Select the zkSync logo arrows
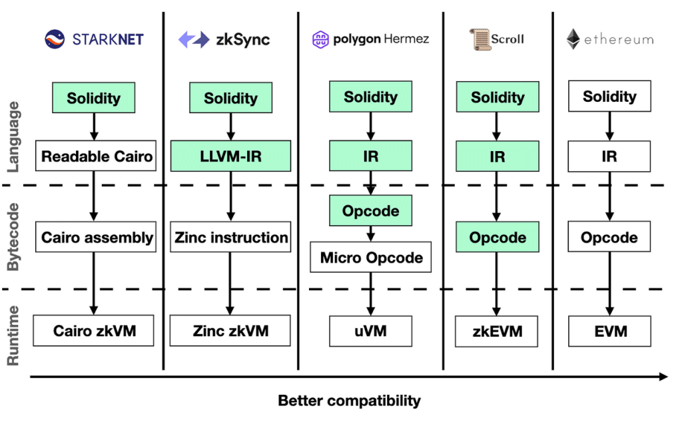pos(194,39)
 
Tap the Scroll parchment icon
pos(478,39)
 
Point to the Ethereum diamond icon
pos(573,39)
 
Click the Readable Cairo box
pos(96,157)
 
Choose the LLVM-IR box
pos(230,157)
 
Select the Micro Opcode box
pos(371,258)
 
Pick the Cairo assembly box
pos(96,238)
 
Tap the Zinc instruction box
pos(230,238)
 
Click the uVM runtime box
pos(371,331)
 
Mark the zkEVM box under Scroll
pos(497,331)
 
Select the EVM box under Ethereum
pos(609,331)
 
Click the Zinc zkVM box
pos(230,331)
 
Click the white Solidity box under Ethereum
pos(609,97)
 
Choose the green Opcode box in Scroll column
pos(497,238)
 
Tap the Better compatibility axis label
pos(349,401)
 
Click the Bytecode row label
pos(15,238)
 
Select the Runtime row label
pos(15,335)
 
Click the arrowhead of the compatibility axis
pos(663,377)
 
